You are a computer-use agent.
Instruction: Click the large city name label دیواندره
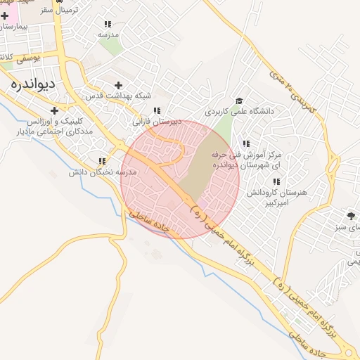coord(34,83)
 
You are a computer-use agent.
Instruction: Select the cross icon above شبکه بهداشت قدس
coord(118,85)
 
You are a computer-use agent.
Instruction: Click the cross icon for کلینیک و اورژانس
coord(54,110)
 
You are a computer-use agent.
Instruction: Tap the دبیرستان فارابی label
coord(157,121)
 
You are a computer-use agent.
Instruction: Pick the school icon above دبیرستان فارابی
coord(157,110)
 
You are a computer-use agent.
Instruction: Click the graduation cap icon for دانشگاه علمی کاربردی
coord(240,101)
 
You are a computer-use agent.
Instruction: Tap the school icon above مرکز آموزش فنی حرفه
coord(246,144)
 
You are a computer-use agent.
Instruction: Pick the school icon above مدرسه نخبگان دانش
coord(103,161)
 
